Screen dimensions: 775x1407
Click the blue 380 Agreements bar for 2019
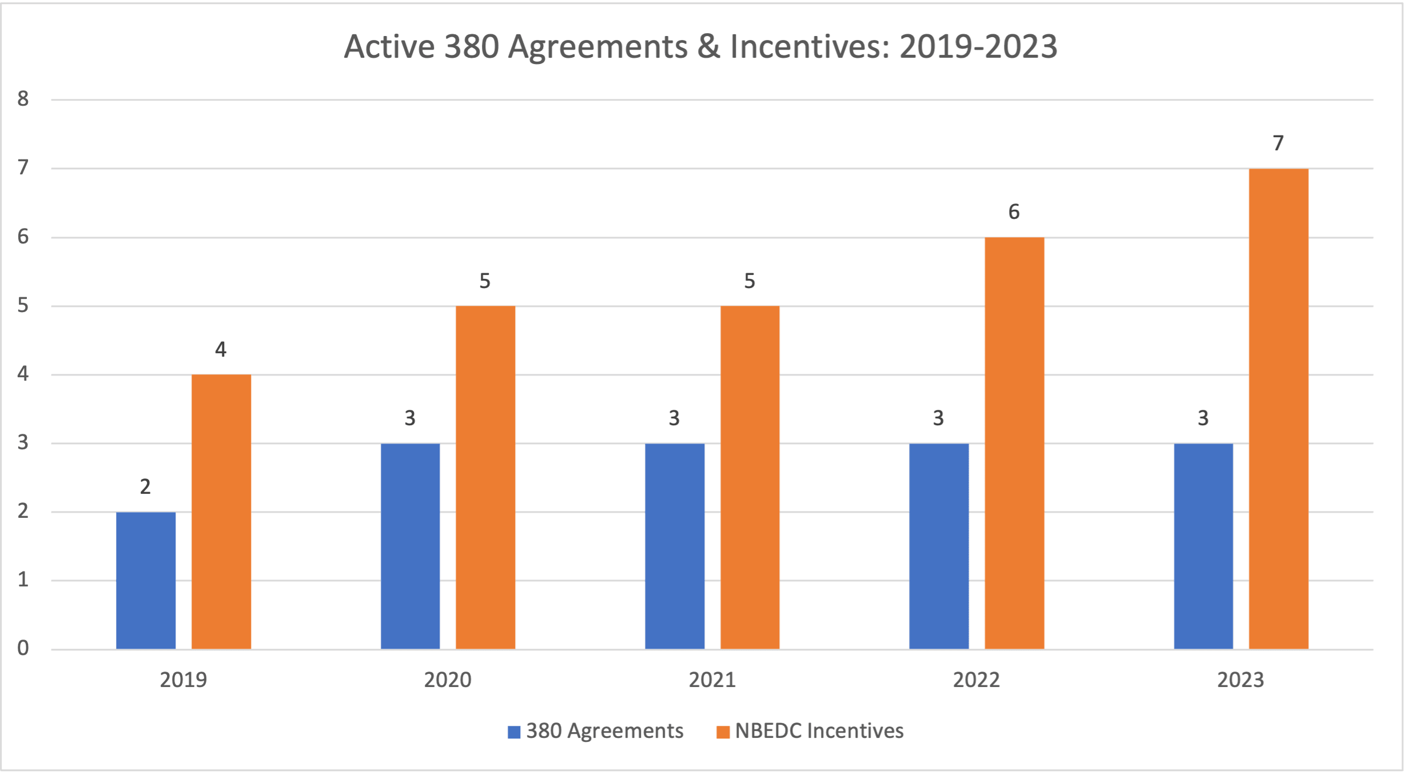(x=146, y=580)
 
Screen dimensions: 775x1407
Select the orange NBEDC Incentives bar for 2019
(x=221, y=512)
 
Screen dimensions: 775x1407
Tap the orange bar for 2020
(x=485, y=477)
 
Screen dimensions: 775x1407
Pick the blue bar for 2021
(x=675, y=546)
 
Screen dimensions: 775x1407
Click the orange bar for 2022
(x=1014, y=443)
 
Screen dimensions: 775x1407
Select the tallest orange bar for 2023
(x=1278, y=409)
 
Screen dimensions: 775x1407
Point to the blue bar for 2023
(x=1203, y=546)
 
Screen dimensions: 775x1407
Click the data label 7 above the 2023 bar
(x=1278, y=143)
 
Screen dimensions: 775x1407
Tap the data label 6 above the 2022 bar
(x=1014, y=212)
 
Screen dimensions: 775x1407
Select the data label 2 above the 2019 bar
(x=145, y=487)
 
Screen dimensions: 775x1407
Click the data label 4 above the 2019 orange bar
(x=221, y=349)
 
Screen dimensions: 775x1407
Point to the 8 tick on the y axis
(x=23, y=99)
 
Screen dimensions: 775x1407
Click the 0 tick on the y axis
(x=23, y=648)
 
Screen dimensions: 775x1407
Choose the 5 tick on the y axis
(x=23, y=306)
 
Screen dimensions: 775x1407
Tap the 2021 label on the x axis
(x=712, y=680)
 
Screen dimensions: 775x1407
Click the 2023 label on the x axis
(x=1240, y=680)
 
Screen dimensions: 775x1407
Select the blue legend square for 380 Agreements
(x=514, y=732)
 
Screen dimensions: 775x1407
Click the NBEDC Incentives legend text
(x=819, y=731)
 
